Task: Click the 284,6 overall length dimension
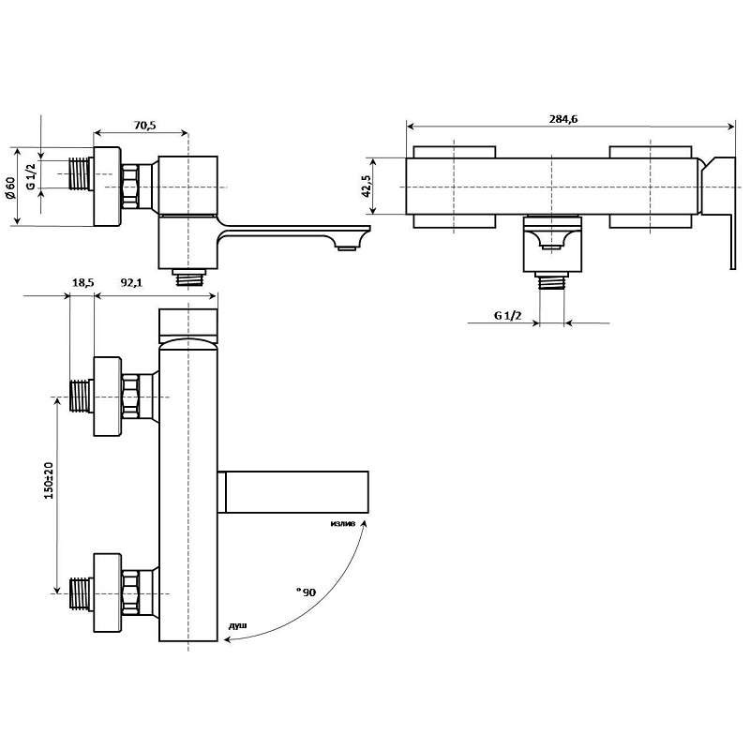pyautogui.click(x=563, y=119)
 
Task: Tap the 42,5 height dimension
pyautogui.click(x=367, y=186)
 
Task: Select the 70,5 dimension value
pyautogui.click(x=144, y=126)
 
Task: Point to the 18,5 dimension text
pyautogui.click(x=82, y=283)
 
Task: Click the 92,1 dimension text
pyautogui.click(x=131, y=283)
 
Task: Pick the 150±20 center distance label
pyautogui.click(x=49, y=480)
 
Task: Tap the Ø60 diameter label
pyautogui.click(x=10, y=187)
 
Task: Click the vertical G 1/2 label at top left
pyautogui.click(x=31, y=176)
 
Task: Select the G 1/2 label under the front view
pyautogui.click(x=507, y=315)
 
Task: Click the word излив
pyautogui.click(x=343, y=523)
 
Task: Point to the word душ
pyautogui.click(x=238, y=625)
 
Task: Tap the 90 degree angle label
pyautogui.click(x=307, y=592)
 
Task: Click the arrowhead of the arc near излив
pyautogui.click(x=365, y=523)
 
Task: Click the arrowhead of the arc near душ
pyautogui.click(x=228, y=639)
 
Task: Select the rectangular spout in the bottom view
pyautogui.click(x=293, y=491)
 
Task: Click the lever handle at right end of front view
pyautogui.click(x=718, y=213)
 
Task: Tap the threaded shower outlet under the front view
pyautogui.click(x=551, y=281)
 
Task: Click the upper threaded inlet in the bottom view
pyautogui.click(x=82, y=396)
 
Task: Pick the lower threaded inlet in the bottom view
pyautogui.click(x=82, y=593)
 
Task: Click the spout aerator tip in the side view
pyautogui.click(x=346, y=247)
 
